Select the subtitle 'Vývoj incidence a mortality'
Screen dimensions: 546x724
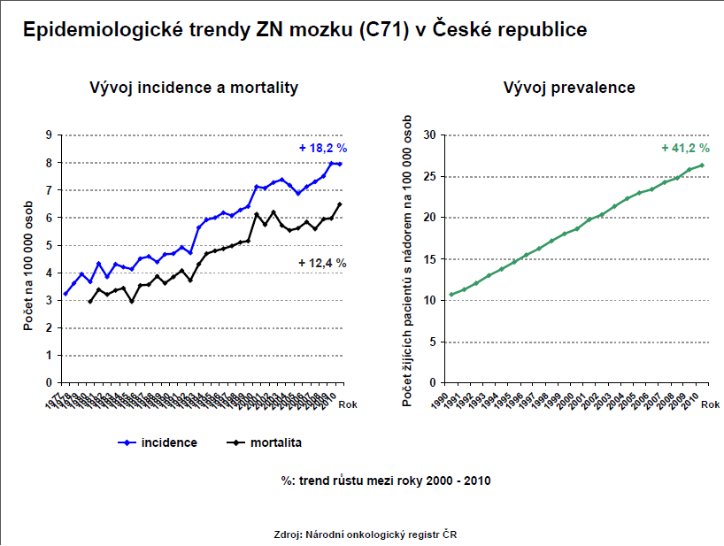click(193, 88)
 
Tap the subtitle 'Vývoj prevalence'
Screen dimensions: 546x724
click(568, 88)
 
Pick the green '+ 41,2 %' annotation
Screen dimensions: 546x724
click(685, 148)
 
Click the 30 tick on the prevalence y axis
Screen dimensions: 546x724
click(430, 135)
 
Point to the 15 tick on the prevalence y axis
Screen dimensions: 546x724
click(430, 259)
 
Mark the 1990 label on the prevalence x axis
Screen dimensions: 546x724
click(449, 400)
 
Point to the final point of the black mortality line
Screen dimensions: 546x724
click(341, 204)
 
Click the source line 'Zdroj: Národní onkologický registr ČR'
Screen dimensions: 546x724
click(366, 534)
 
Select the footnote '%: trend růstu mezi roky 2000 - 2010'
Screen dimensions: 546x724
click(385, 481)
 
